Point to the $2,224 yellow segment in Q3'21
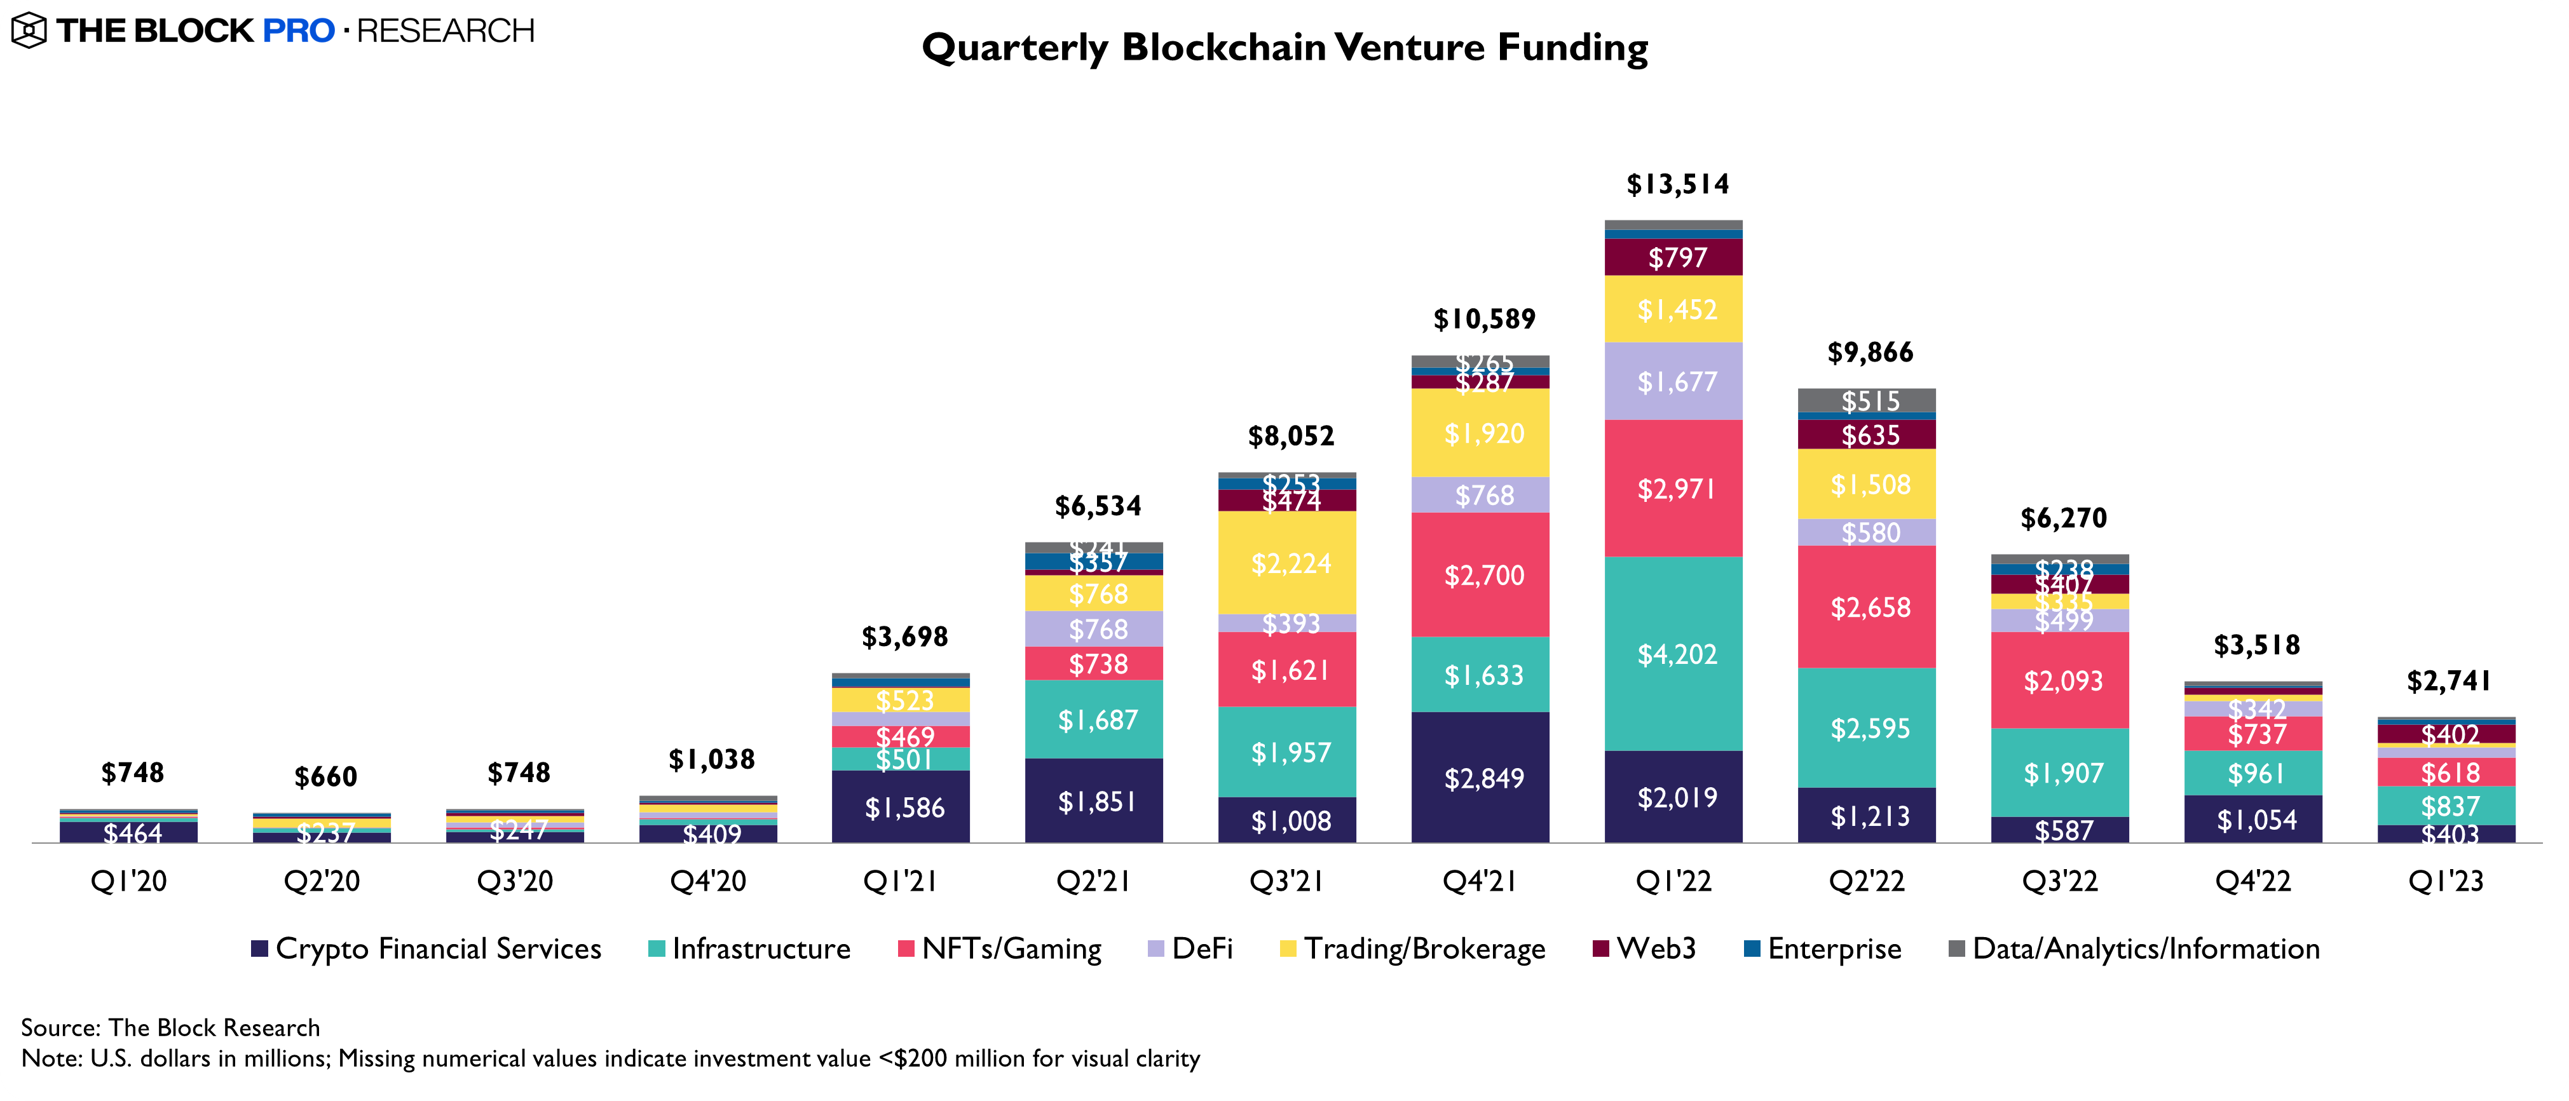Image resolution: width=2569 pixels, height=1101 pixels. click(x=1290, y=564)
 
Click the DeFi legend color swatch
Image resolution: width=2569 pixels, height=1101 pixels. click(x=1156, y=949)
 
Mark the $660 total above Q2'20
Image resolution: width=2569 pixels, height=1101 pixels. click(x=325, y=777)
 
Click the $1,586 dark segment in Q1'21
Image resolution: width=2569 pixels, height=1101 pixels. click(x=904, y=807)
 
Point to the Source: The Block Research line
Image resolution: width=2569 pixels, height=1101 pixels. click(x=170, y=1027)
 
